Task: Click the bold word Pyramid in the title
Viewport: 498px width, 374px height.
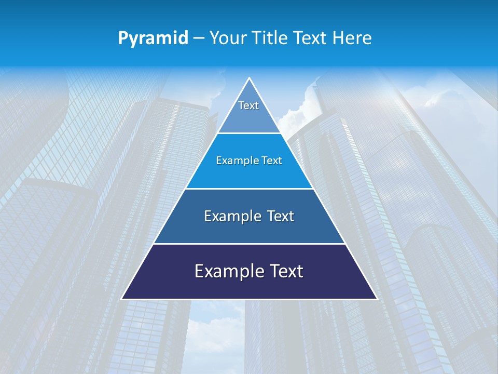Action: tap(153, 38)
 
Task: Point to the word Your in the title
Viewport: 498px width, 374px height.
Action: tap(227, 38)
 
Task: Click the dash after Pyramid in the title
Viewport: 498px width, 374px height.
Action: tap(198, 38)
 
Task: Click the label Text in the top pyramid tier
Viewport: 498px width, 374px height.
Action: tap(248, 105)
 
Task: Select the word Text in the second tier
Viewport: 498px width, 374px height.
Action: tap(272, 161)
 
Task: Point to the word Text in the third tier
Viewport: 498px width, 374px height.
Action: tap(280, 216)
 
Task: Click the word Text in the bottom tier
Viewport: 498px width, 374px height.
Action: tap(286, 271)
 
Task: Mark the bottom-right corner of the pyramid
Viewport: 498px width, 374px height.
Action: tap(376, 299)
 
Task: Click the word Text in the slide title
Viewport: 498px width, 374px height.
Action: tap(312, 38)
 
